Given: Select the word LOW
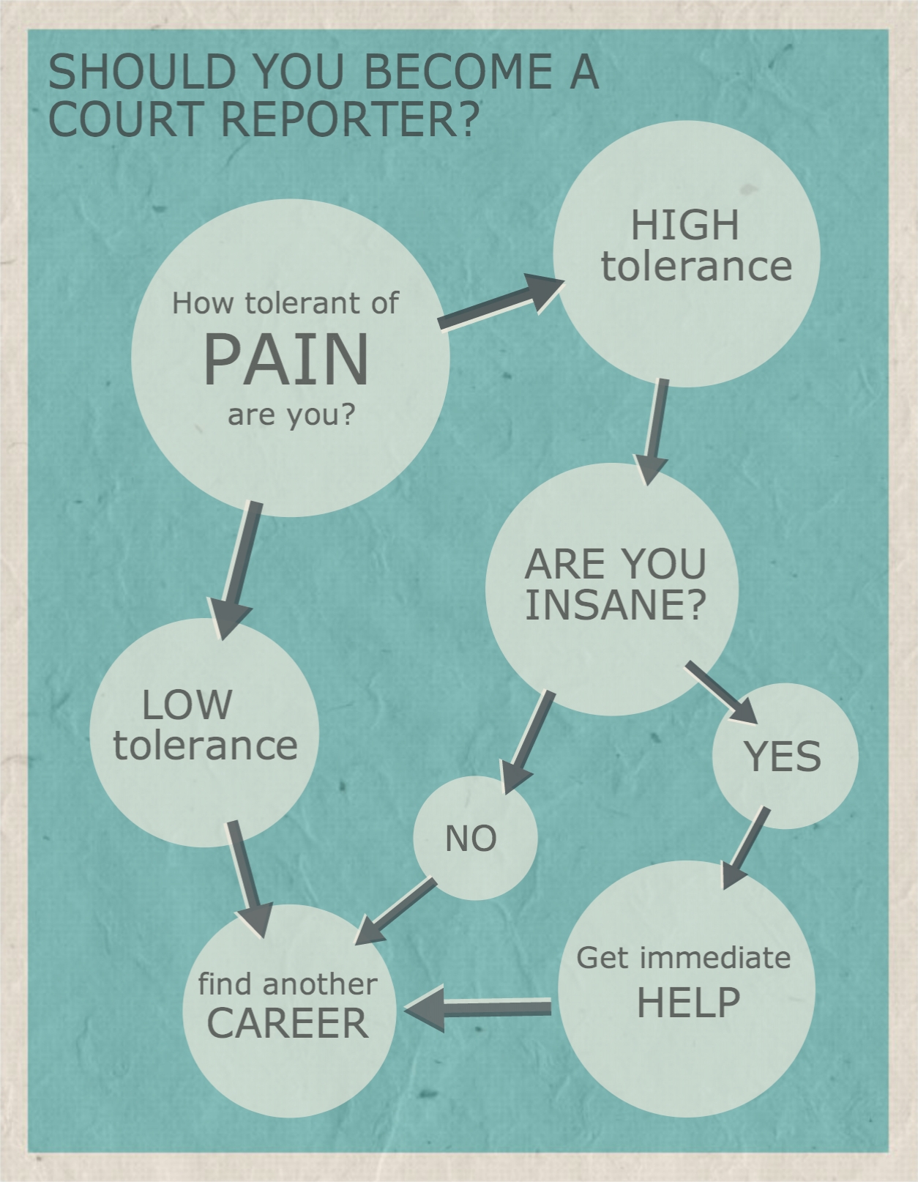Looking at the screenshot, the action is (x=187, y=705).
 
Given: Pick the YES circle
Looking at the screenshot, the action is (x=785, y=756).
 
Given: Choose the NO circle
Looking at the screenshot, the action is (x=476, y=838).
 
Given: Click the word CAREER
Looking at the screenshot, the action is (x=288, y=1022).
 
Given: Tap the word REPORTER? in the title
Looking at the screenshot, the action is (x=351, y=118).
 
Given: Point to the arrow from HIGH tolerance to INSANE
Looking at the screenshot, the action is (x=653, y=431).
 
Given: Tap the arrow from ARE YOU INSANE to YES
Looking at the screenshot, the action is (x=722, y=693).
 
